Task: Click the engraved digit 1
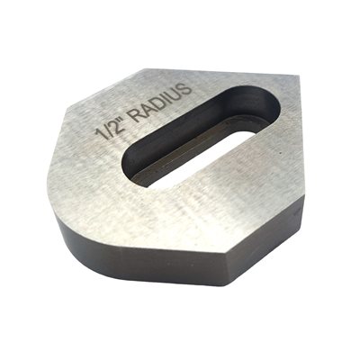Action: coord(99,133)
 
